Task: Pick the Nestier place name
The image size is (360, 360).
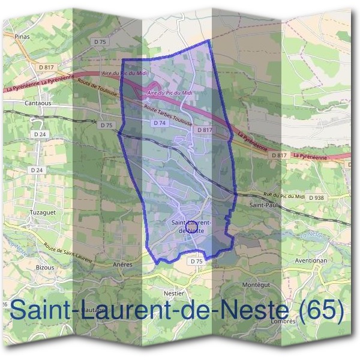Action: pyautogui.click(x=173, y=293)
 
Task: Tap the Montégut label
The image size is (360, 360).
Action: pyautogui.click(x=254, y=284)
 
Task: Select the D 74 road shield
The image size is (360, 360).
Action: pyautogui.click(x=159, y=122)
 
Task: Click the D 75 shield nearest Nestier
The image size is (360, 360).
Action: pyautogui.click(x=196, y=262)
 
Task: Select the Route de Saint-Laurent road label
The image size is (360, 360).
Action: pyautogui.click(x=68, y=254)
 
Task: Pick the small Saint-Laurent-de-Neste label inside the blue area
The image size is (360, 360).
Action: pyautogui.click(x=191, y=226)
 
